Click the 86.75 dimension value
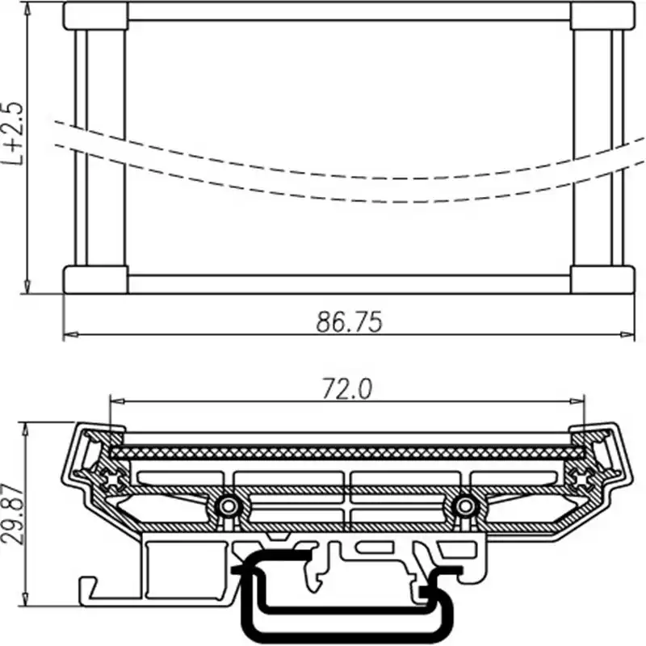[348, 321]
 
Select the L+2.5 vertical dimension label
[12, 133]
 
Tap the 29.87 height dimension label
[11, 517]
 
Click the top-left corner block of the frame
[95, 16]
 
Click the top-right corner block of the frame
[602, 16]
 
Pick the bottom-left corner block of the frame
[95, 279]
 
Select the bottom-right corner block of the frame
[602, 279]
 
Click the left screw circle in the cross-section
[228, 506]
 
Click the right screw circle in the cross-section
[464, 506]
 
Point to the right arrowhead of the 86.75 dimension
[628, 333]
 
